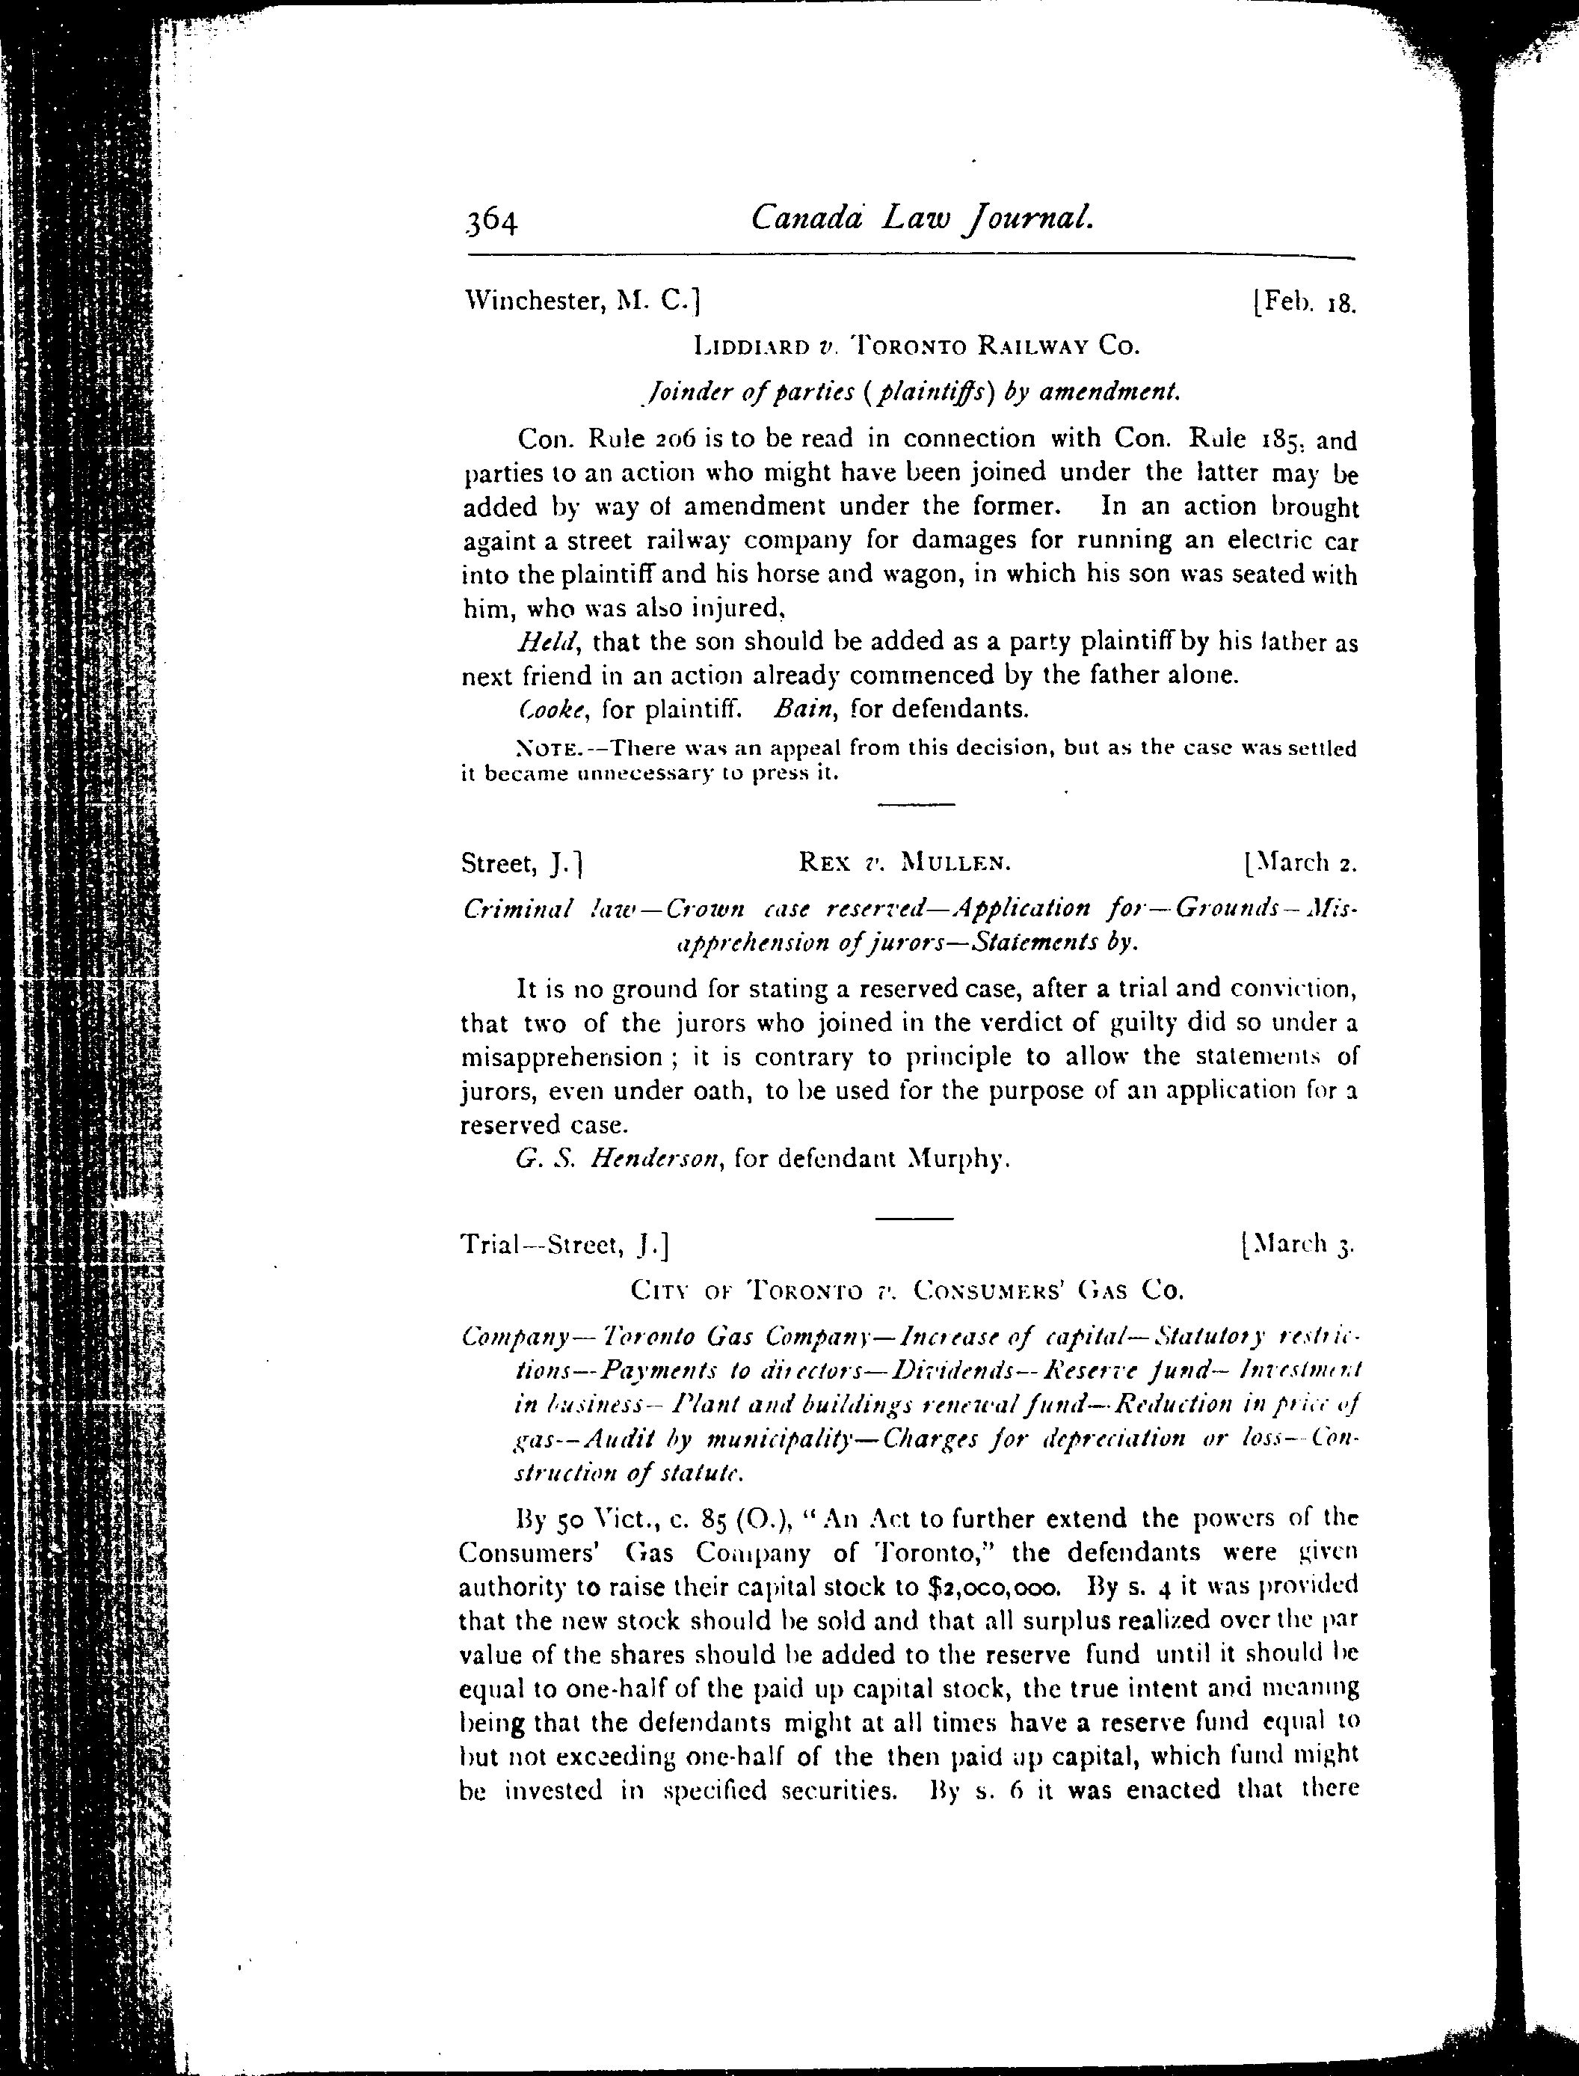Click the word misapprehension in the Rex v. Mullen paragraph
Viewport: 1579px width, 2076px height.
click(x=561, y=1057)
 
